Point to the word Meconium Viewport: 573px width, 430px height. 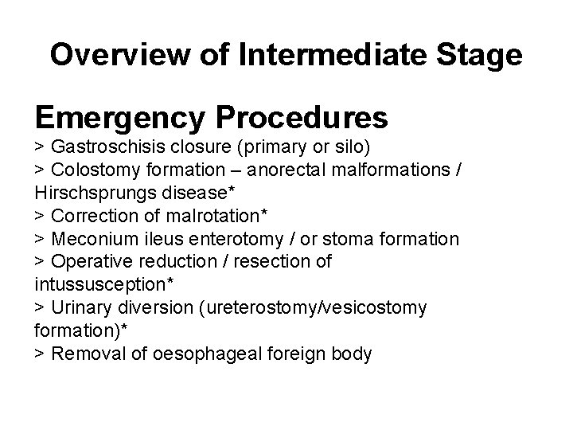(x=87, y=239)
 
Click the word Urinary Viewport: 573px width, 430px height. (x=77, y=307)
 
